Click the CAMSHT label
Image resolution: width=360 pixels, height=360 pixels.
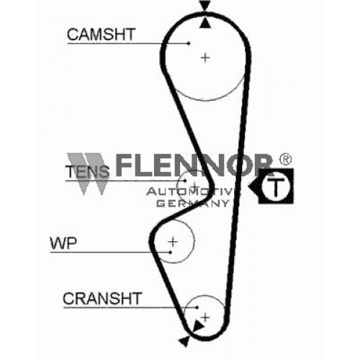tap(102, 35)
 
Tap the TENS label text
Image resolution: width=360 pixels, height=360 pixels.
tap(87, 171)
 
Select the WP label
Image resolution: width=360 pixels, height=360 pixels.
tap(63, 243)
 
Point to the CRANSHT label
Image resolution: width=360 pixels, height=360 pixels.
tap(102, 298)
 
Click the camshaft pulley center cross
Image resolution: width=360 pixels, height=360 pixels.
tap(205, 58)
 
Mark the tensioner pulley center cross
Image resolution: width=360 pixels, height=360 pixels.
tap(195, 185)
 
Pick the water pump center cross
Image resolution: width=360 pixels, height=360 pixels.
tap(173, 241)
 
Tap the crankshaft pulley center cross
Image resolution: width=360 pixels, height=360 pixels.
tap(205, 318)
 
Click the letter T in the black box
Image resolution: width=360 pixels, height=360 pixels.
tap(276, 186)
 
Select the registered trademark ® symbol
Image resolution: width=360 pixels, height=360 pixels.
tap(285, 159)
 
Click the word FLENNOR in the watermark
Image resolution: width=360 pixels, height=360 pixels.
tap(194, 165)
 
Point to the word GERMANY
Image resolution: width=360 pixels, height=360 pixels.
tap(193, 204)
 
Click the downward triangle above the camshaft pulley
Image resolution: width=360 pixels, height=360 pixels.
tap(205, 6)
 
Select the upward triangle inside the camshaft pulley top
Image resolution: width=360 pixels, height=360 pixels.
tap(206, 23)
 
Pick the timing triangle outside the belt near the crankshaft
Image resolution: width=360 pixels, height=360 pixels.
tap(185, 341)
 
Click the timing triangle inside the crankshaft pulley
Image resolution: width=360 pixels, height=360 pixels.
tap(198, 326)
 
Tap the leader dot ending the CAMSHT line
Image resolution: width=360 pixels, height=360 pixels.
tap(189, 43)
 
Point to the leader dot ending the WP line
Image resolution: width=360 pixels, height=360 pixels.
tap(171, 252)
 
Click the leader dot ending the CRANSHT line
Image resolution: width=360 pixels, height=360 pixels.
tap(197, 307)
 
